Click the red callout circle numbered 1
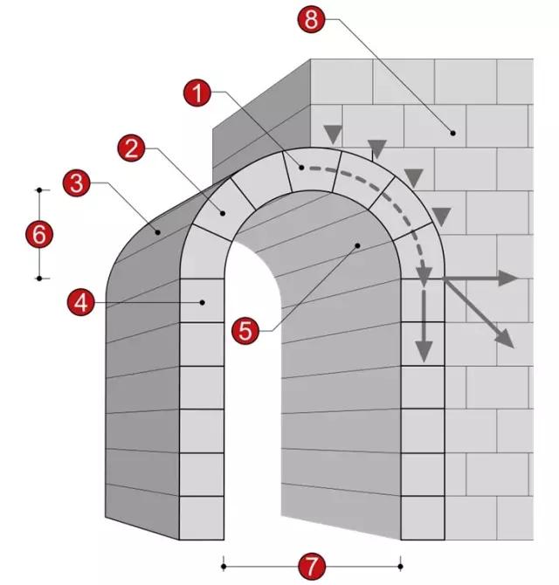(197, 93)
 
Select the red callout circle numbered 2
(131, 148)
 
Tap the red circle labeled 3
(77, 183)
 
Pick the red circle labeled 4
(81, 303)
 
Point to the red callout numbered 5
(245, 331)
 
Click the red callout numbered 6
(39, 235)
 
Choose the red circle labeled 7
(312, 567)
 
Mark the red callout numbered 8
(312, 19)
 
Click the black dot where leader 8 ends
(453, 133)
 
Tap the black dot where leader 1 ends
(301, 168)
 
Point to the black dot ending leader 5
(357, 245)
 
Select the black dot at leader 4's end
(203, 302)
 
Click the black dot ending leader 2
(223, 213)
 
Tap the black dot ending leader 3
(158, 232)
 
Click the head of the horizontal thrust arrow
(517, 279)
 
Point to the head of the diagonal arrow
(514, 348)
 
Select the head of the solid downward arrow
(424, 361)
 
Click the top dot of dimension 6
(39, 190)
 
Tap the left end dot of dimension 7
(224, 567)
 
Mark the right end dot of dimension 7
(400, 567)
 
